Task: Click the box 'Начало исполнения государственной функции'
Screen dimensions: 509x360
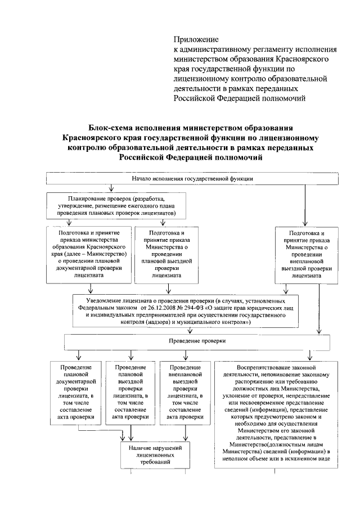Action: click(x=192, y=178)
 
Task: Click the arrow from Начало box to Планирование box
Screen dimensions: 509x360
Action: click(x=111, y=188)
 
